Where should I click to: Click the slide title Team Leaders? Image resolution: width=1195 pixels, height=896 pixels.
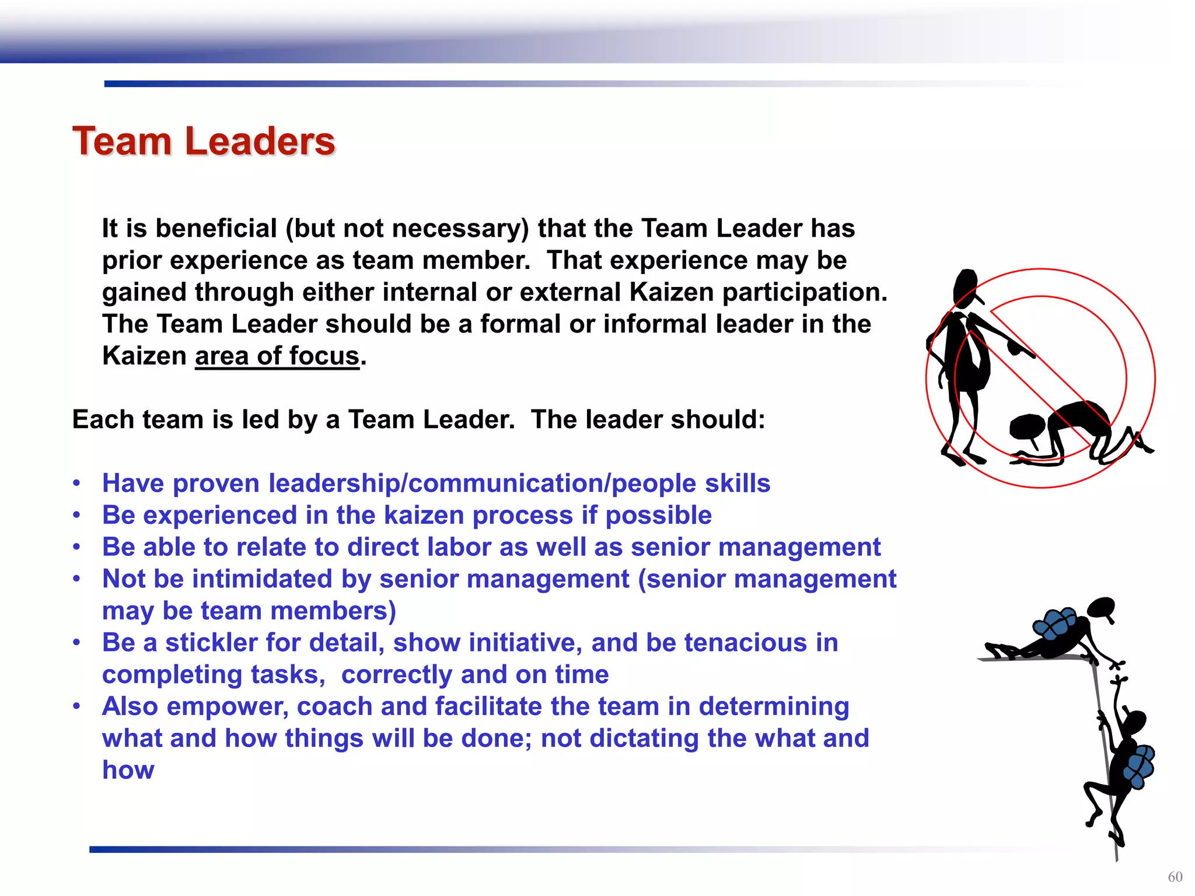click(x=204, y=141)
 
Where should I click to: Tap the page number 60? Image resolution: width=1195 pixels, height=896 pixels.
click(x=1175, y=877)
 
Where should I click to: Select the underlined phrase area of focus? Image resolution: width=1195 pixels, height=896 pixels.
click(x=277, y=356)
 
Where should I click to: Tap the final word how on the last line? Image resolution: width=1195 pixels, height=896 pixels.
click(x=128, y=770)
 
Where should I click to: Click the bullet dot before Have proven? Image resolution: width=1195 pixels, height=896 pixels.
click(x=76, y=483)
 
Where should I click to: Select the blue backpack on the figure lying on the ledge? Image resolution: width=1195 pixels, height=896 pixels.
click(x=1054, y=624)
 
